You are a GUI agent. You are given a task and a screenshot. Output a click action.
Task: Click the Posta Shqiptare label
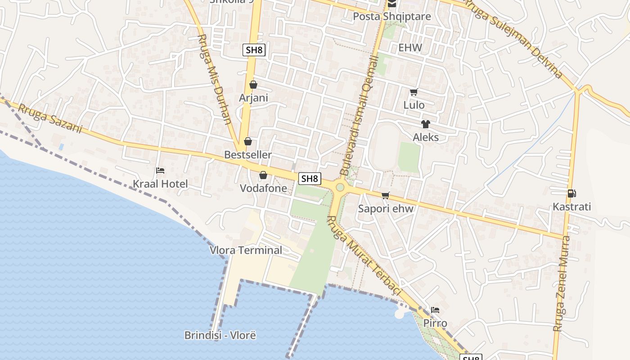391,17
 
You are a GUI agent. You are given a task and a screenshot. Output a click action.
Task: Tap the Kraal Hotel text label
160,184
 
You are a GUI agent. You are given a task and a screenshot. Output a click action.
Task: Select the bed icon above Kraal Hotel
160,171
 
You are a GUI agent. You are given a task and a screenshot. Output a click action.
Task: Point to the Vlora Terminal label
246,250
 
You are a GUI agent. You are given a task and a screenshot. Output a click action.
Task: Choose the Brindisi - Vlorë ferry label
220,335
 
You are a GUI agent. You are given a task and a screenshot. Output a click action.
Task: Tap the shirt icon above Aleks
425,124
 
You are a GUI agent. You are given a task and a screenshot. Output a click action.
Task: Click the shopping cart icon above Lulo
414,92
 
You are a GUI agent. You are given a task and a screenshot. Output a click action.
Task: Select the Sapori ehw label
386,209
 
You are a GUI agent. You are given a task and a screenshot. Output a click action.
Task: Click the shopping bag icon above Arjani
253,85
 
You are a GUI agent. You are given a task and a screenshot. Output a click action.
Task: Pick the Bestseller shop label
248,155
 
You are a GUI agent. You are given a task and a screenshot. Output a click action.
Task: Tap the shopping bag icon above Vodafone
263,175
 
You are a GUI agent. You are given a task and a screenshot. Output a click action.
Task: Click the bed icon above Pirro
435,310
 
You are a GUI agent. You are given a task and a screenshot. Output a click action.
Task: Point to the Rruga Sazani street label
50,119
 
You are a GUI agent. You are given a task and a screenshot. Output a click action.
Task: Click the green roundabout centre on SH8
340,187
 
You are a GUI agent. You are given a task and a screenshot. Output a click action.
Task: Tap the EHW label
410,48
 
